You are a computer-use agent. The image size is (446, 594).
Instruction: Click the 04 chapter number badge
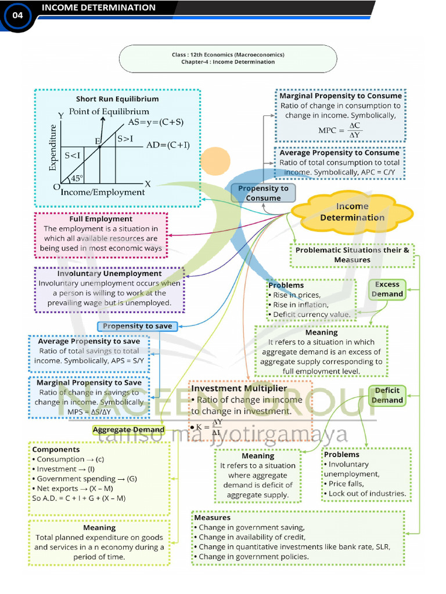tap(17, 16)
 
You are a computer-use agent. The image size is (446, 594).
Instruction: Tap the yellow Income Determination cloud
tap(352, 212)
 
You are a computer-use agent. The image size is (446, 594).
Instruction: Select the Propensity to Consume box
tap(263, 193)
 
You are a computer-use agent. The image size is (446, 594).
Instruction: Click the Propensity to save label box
tap(137, 326)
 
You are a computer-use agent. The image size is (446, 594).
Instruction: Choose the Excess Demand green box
tap(387, 289)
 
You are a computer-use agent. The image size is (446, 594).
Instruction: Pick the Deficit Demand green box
tap(387, 395)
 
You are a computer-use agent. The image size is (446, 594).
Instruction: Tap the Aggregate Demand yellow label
tap(129, 430)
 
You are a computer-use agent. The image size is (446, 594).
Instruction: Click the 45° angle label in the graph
tap(77, 179)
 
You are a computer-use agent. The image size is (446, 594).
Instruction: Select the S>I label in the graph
tap(125, 139)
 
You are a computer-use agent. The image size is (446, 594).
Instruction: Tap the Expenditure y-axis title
tap(53, 148)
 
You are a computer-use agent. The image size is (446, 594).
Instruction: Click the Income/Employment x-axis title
tap(103, 192)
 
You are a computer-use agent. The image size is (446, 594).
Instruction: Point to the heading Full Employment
tap(101, 219)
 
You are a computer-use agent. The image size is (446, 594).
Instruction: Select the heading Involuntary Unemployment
tap(109, 273)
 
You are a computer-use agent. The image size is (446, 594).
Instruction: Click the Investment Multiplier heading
tap(239, 389)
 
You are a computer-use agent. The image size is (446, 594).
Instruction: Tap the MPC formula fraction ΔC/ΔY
tap(355, 131)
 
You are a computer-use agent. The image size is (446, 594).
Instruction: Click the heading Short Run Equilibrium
tap(117, 99)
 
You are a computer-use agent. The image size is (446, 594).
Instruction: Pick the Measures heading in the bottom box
tap(213, 517)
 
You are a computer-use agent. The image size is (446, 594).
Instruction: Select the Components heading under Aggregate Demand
tap(56, 450)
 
